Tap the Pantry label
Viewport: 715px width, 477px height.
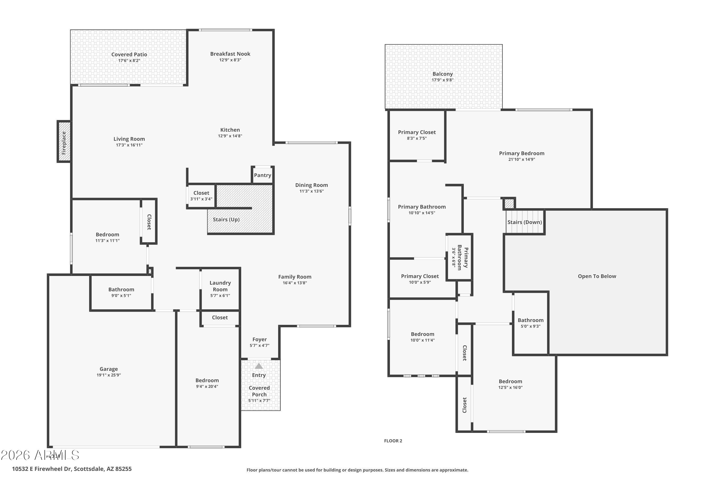[x=262, y=175]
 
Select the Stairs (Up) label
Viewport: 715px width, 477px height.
[x=226, y=220]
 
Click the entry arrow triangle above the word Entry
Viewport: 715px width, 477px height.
[x=259, y=366]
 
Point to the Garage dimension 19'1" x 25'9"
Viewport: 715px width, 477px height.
[x=108, y=375]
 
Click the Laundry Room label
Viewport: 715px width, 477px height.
[x=220, y=286]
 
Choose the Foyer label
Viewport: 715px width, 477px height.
[x=259, y=339]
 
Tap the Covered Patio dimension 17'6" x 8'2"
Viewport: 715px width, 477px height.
[x=129, y=61]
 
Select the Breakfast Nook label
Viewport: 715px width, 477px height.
[x=230, y=54]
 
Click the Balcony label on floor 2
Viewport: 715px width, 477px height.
[x=442, y=74]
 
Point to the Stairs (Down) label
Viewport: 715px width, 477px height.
[x=524, y=222]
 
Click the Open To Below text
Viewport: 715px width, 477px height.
[x=597, y=276]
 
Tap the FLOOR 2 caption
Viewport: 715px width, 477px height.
[x=393, y=441]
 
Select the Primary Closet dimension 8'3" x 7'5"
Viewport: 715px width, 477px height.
[x=417, y=138]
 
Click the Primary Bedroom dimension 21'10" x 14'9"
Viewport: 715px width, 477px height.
[x=521, y=159]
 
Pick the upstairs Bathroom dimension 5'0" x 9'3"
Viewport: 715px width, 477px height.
[x=531, y=327]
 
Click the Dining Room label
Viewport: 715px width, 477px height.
[x=311, y=185]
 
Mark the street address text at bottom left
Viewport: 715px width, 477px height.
[x=72, y=469]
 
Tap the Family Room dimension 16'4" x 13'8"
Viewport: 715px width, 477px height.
[x=295, y=283]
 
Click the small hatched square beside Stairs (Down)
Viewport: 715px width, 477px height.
[x=509, y=203]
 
